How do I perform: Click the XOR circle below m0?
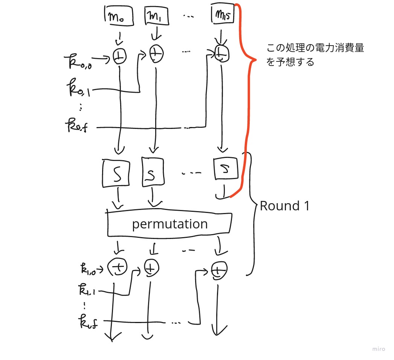click(119, 57)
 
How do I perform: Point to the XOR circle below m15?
click(221, 55)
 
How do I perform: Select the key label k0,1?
click(78, 89)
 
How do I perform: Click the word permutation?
click(170, 224)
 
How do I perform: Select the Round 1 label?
click(284, 206)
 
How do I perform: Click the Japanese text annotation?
click(315, 55)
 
